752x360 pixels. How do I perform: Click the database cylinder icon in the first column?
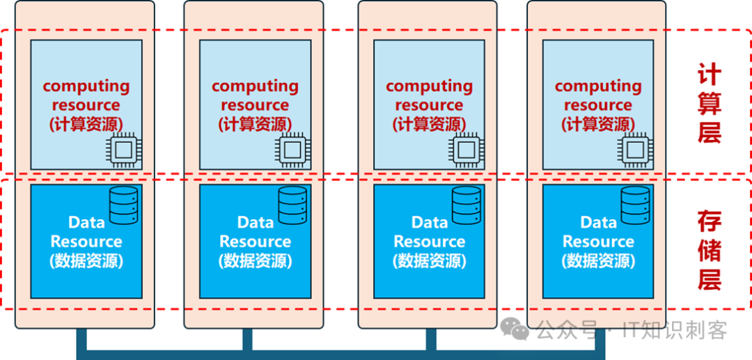123,205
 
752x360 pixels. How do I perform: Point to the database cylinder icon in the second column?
292,205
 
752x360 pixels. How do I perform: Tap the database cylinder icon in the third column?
467,205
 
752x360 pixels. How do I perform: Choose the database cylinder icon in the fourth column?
635,205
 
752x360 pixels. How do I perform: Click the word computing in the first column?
86,86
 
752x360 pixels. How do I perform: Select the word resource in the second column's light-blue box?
255,105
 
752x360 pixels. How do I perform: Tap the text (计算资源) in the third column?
429,124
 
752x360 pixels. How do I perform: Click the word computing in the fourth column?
598,86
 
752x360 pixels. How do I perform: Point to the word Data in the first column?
86,223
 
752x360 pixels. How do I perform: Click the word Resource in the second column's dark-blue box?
255,242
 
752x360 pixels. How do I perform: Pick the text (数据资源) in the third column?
429,260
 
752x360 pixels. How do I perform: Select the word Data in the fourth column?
598,223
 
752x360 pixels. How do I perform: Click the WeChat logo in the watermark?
517,328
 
